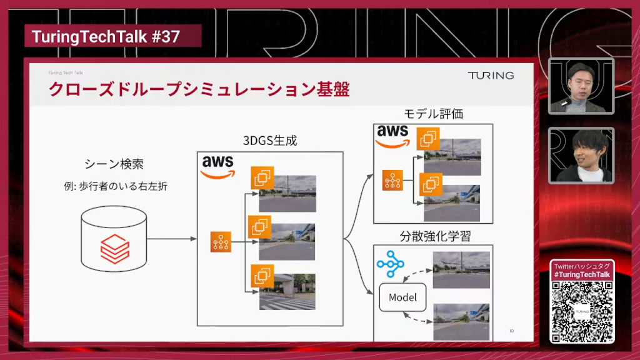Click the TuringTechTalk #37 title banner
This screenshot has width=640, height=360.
point(106,37)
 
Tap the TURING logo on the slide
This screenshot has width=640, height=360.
point(491,75)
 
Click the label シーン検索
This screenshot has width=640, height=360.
point(114,164)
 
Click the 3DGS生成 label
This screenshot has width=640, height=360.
point(269,141)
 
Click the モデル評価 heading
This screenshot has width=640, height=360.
point(433,114)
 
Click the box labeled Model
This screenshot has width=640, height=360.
point(402,297)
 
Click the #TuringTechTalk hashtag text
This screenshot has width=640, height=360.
point(582,275)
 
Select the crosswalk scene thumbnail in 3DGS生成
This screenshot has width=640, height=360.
point(287,292)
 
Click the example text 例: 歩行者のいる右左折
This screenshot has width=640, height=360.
point(114,186)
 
